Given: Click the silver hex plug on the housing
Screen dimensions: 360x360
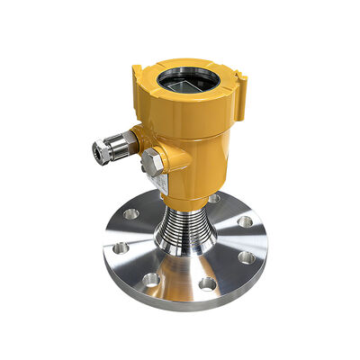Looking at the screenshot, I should pos(150,162).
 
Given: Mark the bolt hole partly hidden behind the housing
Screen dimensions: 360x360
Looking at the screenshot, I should pos(213,199).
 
